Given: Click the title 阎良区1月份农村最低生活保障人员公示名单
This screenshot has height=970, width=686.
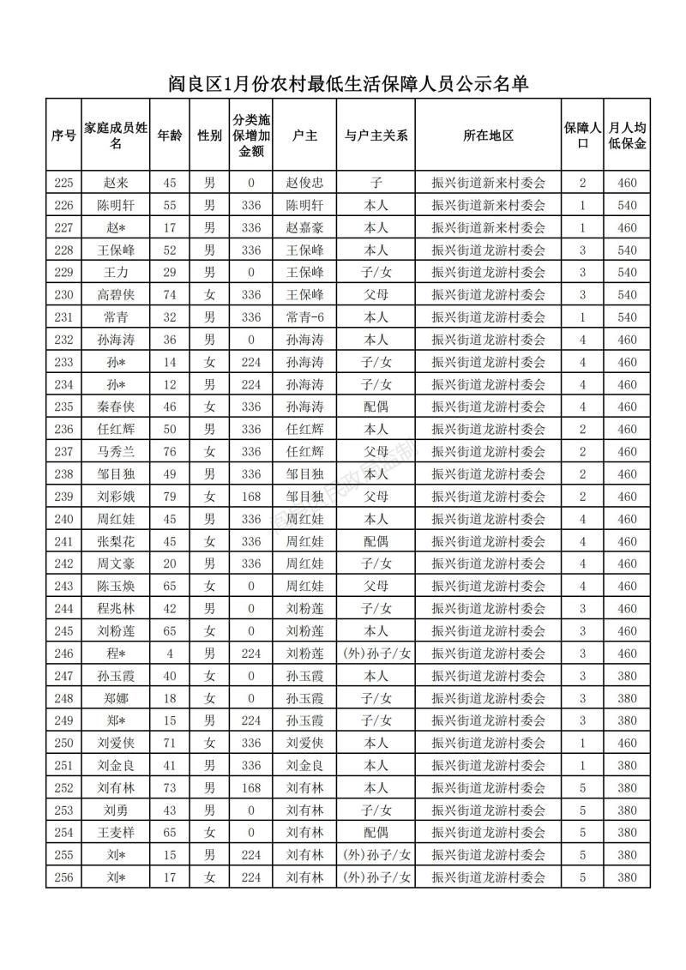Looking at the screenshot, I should (347, 83).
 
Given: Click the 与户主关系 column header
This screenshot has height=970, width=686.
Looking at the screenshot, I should (376, 136).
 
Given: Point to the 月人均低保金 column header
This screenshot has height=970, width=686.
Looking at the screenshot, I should (627, 136).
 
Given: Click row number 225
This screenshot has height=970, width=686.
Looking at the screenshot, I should (64, 183).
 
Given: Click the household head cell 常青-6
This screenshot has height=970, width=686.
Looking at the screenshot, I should (304, 317).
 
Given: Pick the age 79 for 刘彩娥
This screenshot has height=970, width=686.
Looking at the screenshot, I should (170, 497).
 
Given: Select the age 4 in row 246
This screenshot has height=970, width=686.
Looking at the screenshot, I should (170, 654).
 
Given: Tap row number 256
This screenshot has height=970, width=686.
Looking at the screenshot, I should (64, 877).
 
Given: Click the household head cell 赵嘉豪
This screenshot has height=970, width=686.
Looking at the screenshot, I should (304, 228).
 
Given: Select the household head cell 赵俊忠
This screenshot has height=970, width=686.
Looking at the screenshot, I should (304, 183).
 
